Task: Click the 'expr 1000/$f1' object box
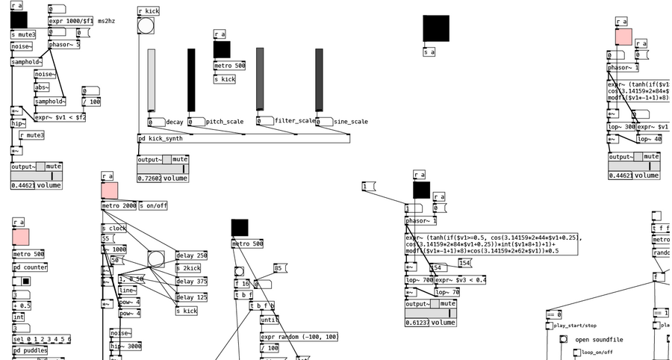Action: tap(70, 22)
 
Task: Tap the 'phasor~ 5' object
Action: tap(63, 45)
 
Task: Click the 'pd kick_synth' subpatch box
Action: tap(161, 139)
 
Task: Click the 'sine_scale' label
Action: tap(350, 122)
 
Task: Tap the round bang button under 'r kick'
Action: tap(146, 26)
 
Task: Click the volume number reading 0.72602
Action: tap(149, 179)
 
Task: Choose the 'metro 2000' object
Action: tap(119, 206)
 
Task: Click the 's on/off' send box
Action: tap(153, 206)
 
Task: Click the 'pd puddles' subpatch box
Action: tap(31, 350)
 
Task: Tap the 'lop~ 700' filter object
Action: tap(419, 280)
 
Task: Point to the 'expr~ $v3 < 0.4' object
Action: tap(460, 280)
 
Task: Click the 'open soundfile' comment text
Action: tap(599, 340)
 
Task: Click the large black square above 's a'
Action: tap(436, 28)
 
